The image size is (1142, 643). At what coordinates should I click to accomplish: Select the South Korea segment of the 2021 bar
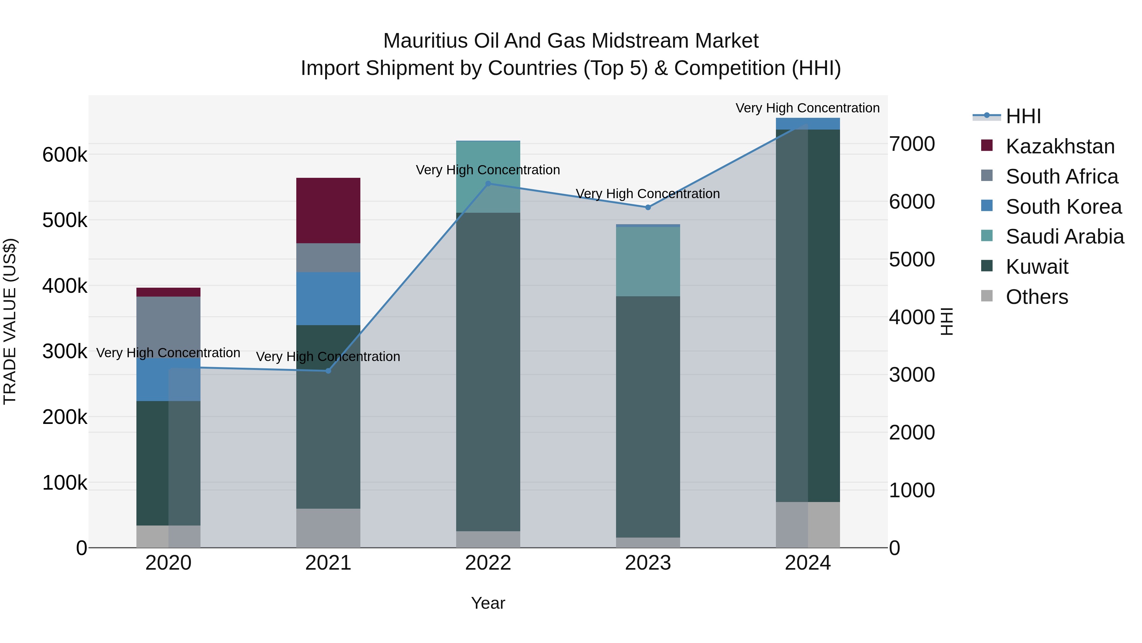[328, 298]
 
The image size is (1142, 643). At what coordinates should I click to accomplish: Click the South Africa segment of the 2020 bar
[168, 326]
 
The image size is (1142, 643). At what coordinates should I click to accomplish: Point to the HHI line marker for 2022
[488, 183]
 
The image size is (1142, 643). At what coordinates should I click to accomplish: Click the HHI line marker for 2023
[648, 207]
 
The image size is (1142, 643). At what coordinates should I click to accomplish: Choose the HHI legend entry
[1023, 116]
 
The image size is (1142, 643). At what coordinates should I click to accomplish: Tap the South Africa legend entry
[1061, 177]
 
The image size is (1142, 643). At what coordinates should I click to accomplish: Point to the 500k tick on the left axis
[65, 220]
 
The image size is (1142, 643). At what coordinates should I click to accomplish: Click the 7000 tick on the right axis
[912, 144]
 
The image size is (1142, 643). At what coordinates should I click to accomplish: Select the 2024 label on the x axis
[807, 563]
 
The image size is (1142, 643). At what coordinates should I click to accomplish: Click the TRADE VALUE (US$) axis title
[10, 321]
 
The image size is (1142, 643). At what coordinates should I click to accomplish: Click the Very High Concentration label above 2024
[807, 108]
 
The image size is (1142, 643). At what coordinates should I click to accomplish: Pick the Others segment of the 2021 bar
[328, 528]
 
